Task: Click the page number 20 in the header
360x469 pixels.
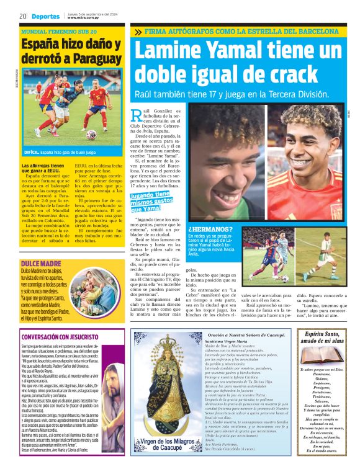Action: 22,16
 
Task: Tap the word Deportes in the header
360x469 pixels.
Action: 46,16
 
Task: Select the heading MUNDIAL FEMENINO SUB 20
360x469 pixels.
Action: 59,31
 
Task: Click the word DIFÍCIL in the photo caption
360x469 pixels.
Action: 32,151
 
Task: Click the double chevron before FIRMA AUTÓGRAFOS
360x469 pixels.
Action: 138,31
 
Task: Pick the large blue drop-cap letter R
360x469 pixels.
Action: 138,114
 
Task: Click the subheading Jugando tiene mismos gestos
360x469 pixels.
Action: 150,202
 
